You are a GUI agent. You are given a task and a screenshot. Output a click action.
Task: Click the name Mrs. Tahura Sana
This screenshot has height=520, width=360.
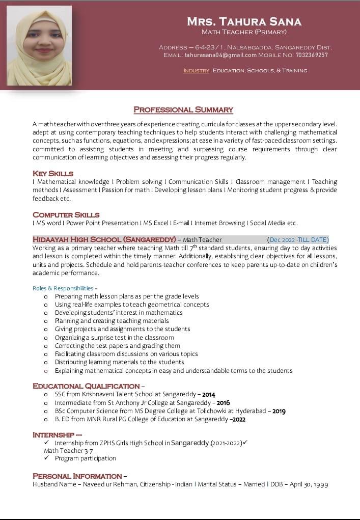(244, 21)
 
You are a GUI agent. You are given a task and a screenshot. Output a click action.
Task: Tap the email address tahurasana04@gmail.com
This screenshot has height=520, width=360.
(220, 55)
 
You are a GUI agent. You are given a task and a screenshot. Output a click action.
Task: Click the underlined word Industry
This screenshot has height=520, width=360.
(196, 71)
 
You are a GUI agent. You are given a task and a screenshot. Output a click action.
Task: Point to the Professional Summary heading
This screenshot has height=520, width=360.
(183, 110)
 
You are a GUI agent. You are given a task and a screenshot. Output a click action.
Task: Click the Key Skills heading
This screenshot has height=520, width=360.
(53, 174)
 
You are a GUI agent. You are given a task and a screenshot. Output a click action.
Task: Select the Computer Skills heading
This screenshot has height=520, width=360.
(66, 215)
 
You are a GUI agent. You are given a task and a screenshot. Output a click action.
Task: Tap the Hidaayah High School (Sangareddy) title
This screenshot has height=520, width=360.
(104, 239)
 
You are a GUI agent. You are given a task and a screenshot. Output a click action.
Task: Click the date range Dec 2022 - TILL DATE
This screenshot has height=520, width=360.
(298, 240)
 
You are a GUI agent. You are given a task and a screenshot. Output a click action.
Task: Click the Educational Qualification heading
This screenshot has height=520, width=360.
(86, 386)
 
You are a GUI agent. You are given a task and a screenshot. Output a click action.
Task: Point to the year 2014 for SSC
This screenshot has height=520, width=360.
(209, 395)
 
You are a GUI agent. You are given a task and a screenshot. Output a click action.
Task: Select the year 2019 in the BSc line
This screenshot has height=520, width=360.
(279, 411)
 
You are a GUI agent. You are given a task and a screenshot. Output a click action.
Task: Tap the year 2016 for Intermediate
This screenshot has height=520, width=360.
(224, 403)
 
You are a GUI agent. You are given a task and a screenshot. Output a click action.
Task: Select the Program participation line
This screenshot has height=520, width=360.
(86, 458)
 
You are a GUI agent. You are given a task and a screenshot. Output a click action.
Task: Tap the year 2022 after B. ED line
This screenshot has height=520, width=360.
(238, 420)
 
